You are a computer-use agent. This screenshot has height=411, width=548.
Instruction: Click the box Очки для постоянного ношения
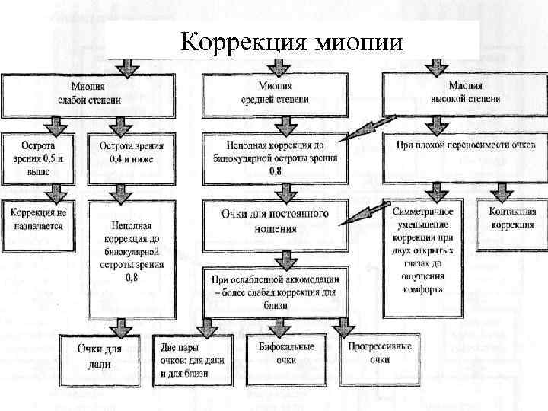click(275, 221)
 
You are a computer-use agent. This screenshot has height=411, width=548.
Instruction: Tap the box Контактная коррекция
click(511, 221)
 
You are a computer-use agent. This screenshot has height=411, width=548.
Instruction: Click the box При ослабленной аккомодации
click(275, 292)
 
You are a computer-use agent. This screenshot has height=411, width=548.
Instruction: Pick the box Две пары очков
click(193, 361)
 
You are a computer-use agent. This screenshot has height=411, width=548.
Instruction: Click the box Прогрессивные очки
click(379, 353)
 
